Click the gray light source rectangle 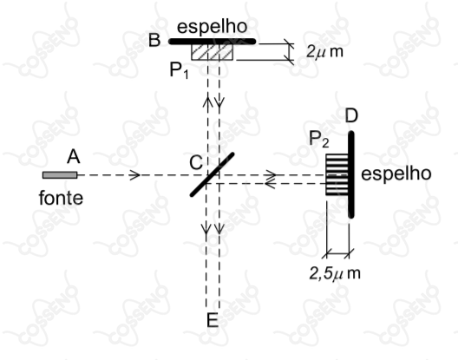(60, 175)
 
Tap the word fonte (61, 198)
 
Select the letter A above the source (74, 157)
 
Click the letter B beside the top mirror (154, 40)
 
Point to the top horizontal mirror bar (213, 42)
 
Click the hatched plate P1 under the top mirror (212, 52)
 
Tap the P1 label (180, 71)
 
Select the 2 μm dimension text (324, 52)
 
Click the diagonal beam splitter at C (213, 174)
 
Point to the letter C (196, 162)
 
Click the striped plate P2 (337, 174)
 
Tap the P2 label (319, 139)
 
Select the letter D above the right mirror (351, 115)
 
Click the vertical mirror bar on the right (351, 174)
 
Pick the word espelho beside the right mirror (396, 174)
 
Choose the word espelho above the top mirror (213, 27)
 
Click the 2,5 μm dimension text (335, 274)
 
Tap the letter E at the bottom (213, 320)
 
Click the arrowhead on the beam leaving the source (135, 175)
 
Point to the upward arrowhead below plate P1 (207, 101)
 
